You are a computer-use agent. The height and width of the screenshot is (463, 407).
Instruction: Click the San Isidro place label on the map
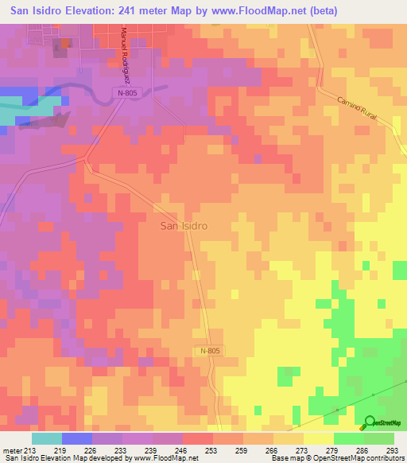(184, 226)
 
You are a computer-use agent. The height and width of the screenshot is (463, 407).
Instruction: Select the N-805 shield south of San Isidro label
(210, 351)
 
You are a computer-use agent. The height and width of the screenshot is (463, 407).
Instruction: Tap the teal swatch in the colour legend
(46, 438)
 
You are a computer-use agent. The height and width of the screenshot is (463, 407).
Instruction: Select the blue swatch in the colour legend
(76, 438)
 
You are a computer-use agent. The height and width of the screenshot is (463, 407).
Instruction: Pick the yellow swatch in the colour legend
(319, 438)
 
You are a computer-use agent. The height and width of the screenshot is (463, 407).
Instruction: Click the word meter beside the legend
(11, 449)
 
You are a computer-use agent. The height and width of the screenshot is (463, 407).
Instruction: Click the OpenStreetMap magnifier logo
(369, 423)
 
